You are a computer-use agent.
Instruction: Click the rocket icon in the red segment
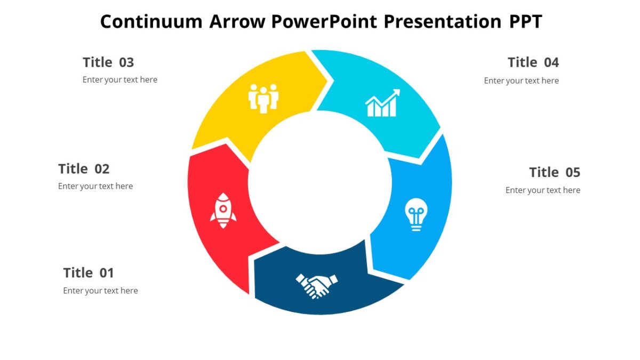coord(223,211)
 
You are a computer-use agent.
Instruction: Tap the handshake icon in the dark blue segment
coord(317,285)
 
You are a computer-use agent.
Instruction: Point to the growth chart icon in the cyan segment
coord(382,103)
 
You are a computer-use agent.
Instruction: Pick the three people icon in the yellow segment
coord(263,98)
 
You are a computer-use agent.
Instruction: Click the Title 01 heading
coord(89,273)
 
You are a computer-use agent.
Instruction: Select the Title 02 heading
coord(84,169)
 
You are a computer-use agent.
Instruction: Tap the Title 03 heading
coord(108,62)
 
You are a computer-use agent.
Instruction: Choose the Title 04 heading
coord(533,62)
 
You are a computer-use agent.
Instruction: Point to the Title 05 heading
coord(555,172)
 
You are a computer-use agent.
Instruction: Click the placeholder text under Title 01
coord(100,291)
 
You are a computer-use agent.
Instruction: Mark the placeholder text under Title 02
coord(95,186)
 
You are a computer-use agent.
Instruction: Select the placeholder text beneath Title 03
coord(120,79)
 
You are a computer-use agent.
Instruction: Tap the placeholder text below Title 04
coord(521,81)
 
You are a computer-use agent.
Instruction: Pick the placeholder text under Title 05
coord(543,190)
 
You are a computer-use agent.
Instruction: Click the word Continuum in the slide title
coord(151,21)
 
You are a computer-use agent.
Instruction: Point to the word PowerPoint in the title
coord(324,21)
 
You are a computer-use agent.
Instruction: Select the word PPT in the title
coord(525,21)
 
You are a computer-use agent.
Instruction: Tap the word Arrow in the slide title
coord(237,21)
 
